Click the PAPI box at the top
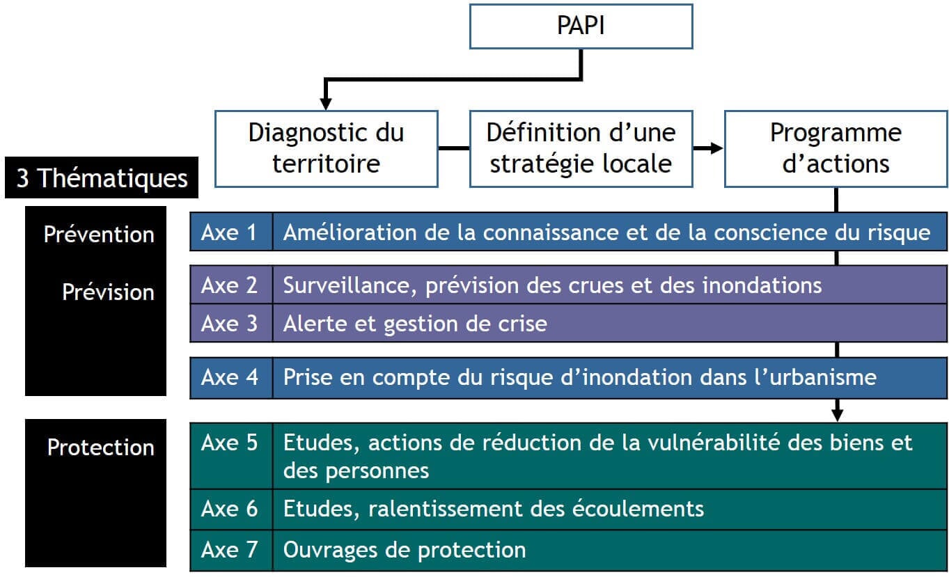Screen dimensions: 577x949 click(581, 26)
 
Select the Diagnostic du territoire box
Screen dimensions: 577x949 click(326, 148)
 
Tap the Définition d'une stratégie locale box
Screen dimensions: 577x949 click(581, 148)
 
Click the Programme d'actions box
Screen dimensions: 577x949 click(836, 148)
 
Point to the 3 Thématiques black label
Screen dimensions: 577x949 click(102, 179)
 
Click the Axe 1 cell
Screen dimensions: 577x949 click(230, 232)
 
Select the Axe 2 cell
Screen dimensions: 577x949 click(230, 285)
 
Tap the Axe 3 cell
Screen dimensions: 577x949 click(230, 323)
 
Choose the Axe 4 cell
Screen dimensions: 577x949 click(230, 377)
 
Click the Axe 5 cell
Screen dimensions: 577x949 click(230, 443)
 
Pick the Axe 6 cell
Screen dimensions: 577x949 click(230, 508)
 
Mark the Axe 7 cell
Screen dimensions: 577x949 click(230, 550)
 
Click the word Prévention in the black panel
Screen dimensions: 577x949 click(99, 234)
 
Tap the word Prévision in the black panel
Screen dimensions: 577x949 click(108, 292)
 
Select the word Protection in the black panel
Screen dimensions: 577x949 click(101, 447)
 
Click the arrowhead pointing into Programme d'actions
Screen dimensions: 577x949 click(716, 148)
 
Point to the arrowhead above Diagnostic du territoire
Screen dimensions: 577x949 click(325, 103)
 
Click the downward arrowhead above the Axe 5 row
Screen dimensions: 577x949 click(837, 415)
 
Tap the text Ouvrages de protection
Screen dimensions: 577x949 click(404, 550)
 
